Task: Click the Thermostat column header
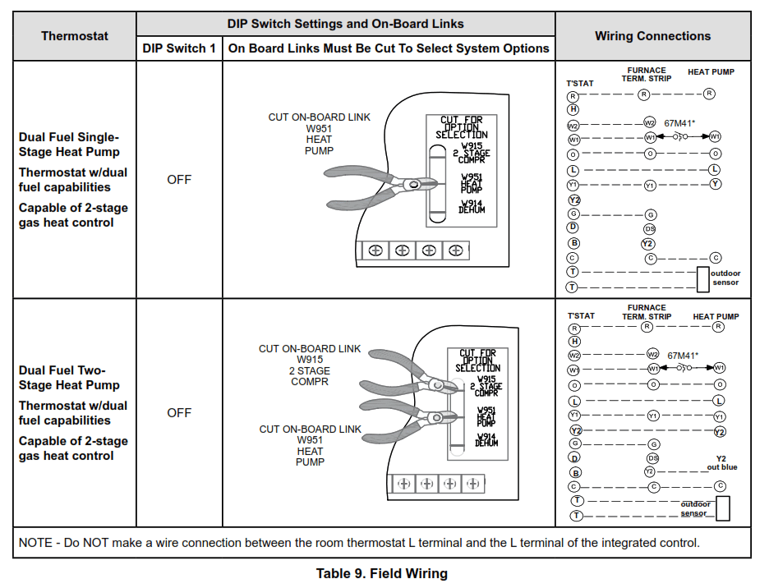pyautogui.click(x=75, y=36)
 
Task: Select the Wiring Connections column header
pyautogui.click(x=652, y=36)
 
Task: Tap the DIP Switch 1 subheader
pyautogui.click(x=179, y=48)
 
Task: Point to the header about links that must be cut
pyautogui.click(x=389, y=48)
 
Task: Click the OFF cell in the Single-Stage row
pyautogui.click(x=179, y=180)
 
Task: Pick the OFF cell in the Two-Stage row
pyautogui.click(x=179, y=413)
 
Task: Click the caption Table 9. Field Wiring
pyautogui.click(x=382, y=573)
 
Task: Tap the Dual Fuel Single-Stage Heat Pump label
pyautogui.click(x=69, y=145)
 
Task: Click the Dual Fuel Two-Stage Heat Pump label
pyautogui.click(x=69, y=378)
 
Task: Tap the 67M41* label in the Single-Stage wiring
pyautogui.click(x=679, y=123)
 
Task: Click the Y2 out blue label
pyautogui.click(x=721, y=462)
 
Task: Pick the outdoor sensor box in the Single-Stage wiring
pyautogui.click(x=702, y=278)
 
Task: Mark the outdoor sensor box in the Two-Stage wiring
pyautogui.click(x=722, y=508)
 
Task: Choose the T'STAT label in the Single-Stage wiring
pyautogui.click(x=580, y=84)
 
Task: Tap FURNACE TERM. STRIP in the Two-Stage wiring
pyautogui.click(x=647, y=312)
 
